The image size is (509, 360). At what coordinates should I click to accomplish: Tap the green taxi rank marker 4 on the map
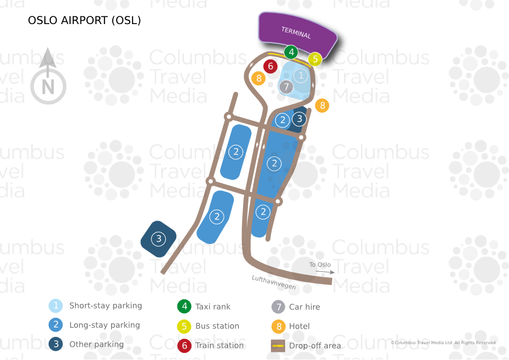(x=291, y=53)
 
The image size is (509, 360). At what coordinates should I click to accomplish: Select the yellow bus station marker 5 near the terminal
(x=315, y=59)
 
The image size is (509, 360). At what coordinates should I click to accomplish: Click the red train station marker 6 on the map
(x=270, y=66)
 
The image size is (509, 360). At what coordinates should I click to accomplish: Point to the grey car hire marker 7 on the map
(x=286, y=86)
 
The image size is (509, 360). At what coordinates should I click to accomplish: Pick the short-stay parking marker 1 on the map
(x=300, y=75)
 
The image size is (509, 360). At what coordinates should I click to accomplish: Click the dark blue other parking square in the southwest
(x=158, y=239)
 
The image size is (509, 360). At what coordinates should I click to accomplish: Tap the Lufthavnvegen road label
(x=274, y=282)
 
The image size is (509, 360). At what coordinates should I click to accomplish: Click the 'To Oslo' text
(x=320, y=265)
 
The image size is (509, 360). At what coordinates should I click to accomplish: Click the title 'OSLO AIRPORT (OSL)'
(x=84, y=21)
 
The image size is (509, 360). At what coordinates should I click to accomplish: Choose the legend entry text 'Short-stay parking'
(x=106, y=306)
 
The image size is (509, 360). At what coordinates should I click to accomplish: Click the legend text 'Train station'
(x=219, y=345)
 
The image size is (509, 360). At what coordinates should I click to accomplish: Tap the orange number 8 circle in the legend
(x=279, y=326)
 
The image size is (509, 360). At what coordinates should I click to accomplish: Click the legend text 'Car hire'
(x=304, y=307)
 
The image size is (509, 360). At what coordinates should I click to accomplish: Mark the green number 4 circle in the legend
(x=184, y=307)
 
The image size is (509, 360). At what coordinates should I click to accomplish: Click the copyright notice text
(x=443, y=342)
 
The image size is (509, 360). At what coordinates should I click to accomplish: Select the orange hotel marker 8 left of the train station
(x=258, y=78)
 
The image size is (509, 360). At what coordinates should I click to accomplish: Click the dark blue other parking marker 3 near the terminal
(x=299, y=118)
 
